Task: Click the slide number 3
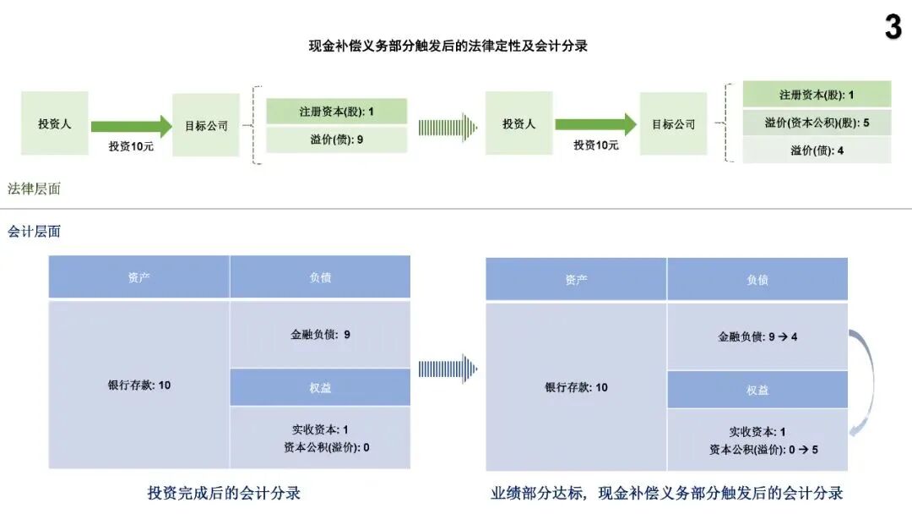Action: coord(893,28)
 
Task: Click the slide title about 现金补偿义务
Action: coord(448,46)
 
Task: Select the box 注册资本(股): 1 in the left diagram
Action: coord(336,112)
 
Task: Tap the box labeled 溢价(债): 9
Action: coord(336,139)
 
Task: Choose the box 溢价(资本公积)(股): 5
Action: coord(817,123)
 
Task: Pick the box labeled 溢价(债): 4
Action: coord(817,150)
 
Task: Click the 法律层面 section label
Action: coord(34,189)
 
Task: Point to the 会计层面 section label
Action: coord(34,231)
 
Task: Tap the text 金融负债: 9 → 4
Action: coord(757,336)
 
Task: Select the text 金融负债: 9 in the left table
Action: coord(320,334)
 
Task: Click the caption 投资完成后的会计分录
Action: coord(224,493)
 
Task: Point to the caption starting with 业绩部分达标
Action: coord(666,493)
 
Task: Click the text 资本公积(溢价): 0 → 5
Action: coord(763,449)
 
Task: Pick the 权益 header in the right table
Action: coord(757,390)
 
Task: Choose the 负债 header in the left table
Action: coord(320,277)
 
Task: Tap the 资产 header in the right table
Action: coord(576,280)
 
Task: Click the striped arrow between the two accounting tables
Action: coord(448,369)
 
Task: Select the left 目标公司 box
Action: coord(206,125)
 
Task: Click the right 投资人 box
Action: coord(518,123)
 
